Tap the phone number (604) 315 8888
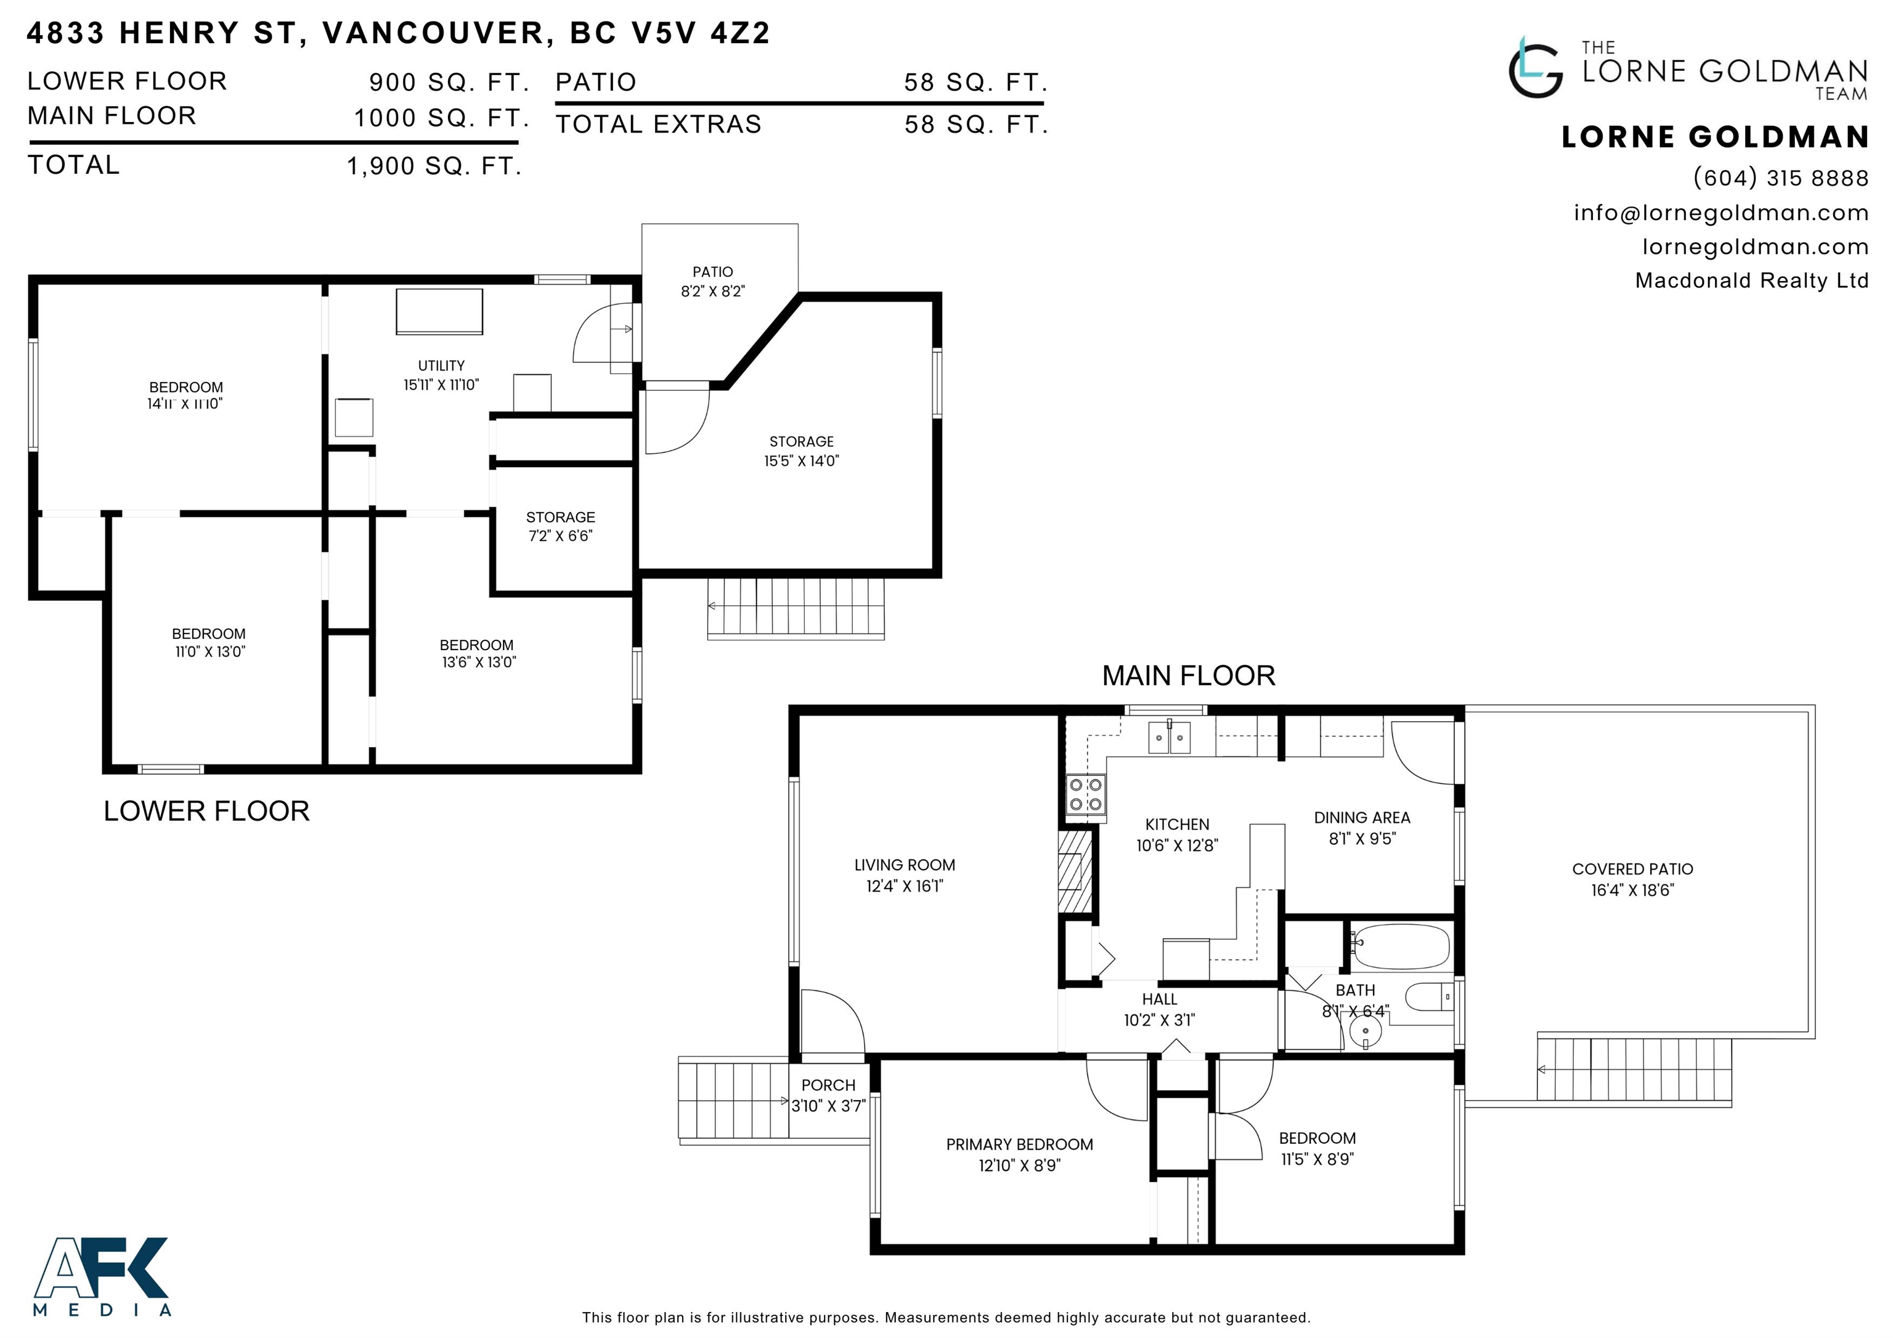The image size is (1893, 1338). (1781, 178)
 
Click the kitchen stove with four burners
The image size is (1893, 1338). (1085, 794)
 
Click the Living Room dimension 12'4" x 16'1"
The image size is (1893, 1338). (905, 886)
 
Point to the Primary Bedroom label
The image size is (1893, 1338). (1019, 1144)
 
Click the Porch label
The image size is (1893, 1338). (829, 1085)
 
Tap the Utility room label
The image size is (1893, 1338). (441, 365)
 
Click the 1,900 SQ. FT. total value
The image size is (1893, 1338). (434, 166)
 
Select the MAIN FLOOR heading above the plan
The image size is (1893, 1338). (1189, 676)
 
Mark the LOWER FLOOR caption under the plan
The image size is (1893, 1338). (207, 811)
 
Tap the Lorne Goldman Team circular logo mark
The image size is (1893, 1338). (1535, 68)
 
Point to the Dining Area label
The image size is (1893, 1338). (1362, 818)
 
